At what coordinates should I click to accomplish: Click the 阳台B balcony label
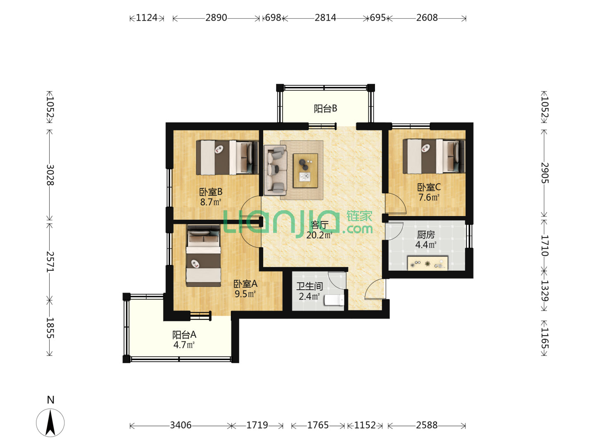[x=325, y=108]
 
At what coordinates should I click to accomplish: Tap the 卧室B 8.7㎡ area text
[x=211, y=202]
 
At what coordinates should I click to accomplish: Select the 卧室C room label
[x=429, y=187]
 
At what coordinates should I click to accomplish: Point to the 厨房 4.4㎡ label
[x=426, y=240]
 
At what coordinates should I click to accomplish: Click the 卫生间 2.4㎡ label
[x=309, y=291]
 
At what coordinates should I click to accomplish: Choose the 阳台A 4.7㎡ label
[x=184, y=340]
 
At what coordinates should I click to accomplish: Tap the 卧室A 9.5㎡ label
[x=245, y=289]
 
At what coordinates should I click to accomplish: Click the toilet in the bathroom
[x=334, y=300]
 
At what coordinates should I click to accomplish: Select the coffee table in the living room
[x=305, y=171]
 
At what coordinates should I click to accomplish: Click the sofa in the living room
[x=275, y=170]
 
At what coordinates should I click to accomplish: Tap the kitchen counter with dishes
[x=428, y=263]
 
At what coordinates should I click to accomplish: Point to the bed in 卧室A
[x=203, y=256]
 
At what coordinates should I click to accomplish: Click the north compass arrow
[x=50, y=423]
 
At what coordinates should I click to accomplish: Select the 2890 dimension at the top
[x=216, y=18]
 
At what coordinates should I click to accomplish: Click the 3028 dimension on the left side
[x=50, y=175]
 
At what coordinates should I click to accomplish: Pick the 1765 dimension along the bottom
[x=318, y=425]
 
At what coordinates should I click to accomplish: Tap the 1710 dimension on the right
[x=544, y=246]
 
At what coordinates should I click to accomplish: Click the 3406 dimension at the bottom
[x=180, y=425]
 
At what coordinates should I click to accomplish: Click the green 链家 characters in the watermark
[x=359, y=216]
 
